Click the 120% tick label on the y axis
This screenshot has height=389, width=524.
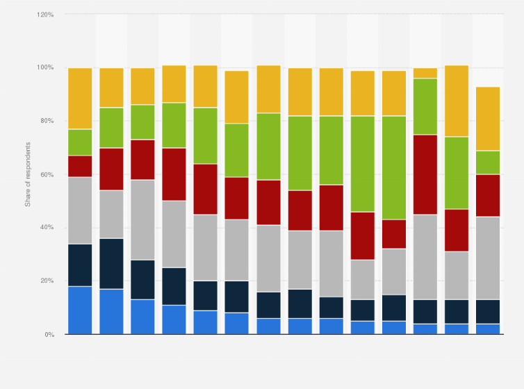[45, 14]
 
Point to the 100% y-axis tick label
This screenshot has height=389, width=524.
[45, 67]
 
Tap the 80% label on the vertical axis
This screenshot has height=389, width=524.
[47, 121]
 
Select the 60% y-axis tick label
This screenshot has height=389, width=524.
[47, 174]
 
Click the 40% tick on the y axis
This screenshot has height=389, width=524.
[47, 227]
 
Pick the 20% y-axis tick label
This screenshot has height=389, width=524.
[47, 281]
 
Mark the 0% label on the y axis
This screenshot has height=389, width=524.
[49, 334]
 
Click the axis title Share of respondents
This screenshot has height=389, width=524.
[28, 174]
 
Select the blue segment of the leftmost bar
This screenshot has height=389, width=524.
[80, 310]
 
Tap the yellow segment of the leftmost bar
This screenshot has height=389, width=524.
[80, 99]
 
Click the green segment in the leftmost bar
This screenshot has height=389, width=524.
[80, 142]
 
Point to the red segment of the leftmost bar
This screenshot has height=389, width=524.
[80, 166]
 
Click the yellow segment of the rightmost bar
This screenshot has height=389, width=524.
[488, 119]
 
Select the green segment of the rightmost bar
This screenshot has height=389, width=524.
[488, 163]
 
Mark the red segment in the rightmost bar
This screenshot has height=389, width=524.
[488, 196]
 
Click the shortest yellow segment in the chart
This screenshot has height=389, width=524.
[425, 73]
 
